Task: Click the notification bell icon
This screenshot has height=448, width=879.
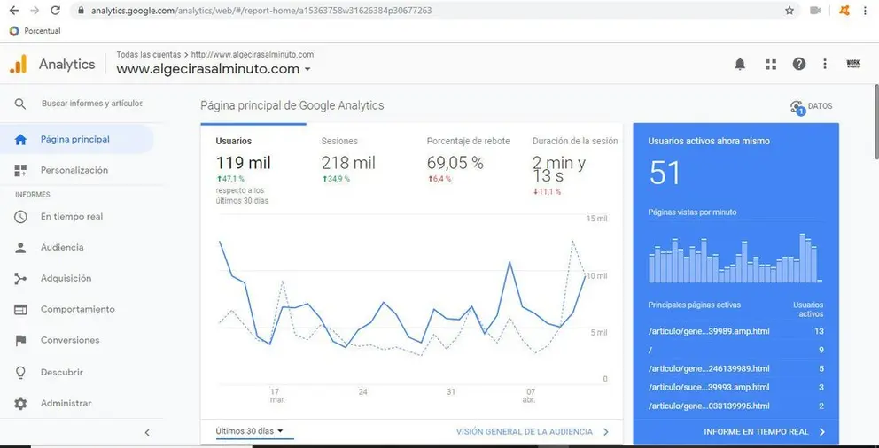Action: pyautogui.click(x=740, y=65)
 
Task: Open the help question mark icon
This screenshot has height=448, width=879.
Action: pyautogui.click(x=799, y=64)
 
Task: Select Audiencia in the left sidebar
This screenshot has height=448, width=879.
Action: pyautogui.click(x=62, y=248)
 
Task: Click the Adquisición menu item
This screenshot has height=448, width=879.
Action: pyautogui.click(x=66, y=278)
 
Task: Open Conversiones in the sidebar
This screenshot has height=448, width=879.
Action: pyautogui.click(x=70, y=340)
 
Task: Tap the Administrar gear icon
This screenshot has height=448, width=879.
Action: pyautogui.click(x=20, y=403)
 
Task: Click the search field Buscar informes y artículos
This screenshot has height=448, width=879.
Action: pyautogui.click(x=92, y=104)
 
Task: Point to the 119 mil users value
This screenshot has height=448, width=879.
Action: pyautogui.click(x=244, y=163)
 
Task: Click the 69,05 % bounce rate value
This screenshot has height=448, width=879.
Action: pyautogui.click(x=455, y=163)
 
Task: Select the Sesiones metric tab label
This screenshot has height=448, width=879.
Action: pyautogui.click(x=339, y=141)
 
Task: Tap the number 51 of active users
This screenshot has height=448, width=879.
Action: pyautogui.click(x=665, y=173)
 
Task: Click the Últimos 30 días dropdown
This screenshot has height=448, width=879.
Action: pyautogui.click(x=250, y=431)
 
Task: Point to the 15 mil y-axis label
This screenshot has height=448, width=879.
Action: pyautogui.click(x=597, y=219)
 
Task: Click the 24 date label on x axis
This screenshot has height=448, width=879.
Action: pyautogui.click(x=362, y=392)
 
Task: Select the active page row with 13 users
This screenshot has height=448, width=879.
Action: pyautogui.click(x=736, y=331)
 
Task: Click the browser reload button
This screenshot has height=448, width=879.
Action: pyautogui.click(x=55, y=10)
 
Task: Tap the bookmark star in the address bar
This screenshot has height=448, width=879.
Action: pyautogui.click(x=790, y=10)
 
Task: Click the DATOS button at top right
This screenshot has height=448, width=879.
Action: pyautogui.click(x=811, y=106)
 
